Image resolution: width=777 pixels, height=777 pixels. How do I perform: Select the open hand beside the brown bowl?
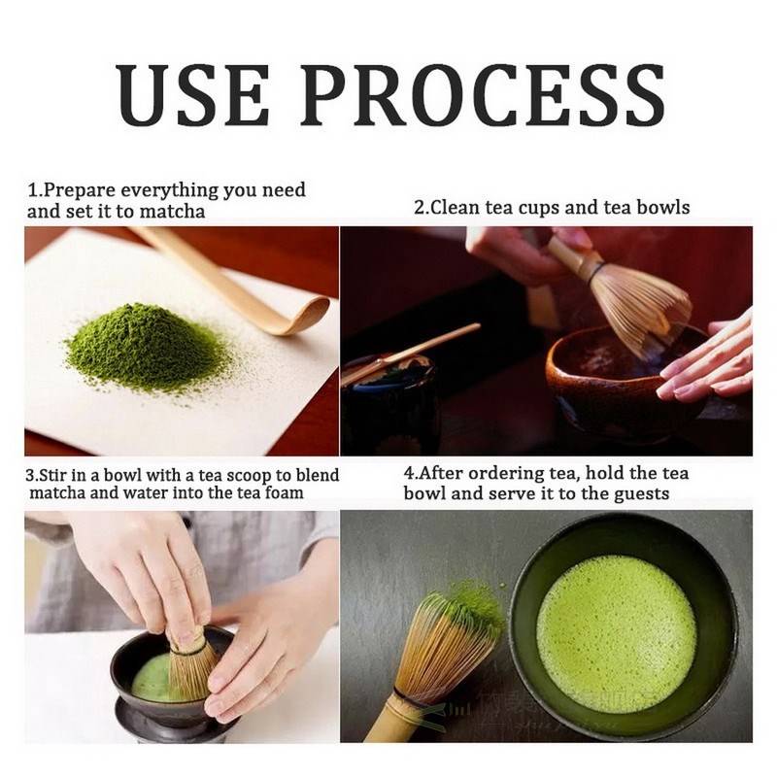pyautogui.click(x=709, y=359)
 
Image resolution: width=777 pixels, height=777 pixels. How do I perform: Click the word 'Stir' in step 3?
pyautogui.click(x=55, y=475)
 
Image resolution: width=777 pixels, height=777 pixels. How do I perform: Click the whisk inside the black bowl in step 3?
pyautogui.click(x=189, y=665)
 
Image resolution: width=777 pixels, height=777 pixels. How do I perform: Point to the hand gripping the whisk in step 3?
pyautogui.click(x=146, y=573)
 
